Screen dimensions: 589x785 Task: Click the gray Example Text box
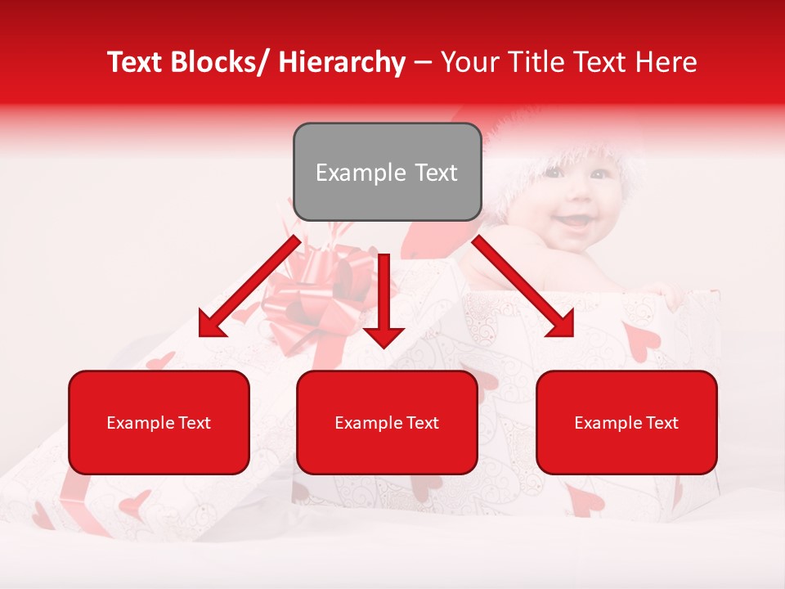(x=387, y=172)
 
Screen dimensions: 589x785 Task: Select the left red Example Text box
(x=159, y=422)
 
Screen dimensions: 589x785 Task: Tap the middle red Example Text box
(x=387, y=422)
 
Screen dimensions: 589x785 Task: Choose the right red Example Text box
(x=626, y=422)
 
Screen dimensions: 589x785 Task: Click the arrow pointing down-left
(x=249, y=287)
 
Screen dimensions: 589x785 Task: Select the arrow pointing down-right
(x=523, y=287)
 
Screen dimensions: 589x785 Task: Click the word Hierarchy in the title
(x=342, y=62)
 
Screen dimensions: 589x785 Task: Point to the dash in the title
(x=423, y=63)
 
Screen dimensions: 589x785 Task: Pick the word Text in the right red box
(x=662, y=423)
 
